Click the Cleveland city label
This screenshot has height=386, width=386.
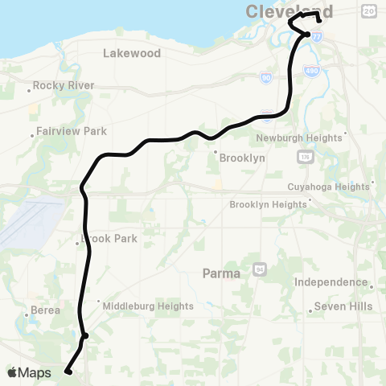[x=281, y=11]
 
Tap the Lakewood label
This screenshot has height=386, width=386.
[x=132, y=53]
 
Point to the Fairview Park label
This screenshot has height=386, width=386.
[x=72, y=131]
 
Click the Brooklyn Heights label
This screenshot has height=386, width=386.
[x=268, y=205]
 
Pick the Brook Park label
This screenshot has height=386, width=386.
[x=109, y=239]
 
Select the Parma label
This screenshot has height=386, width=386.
[x=221, y=273]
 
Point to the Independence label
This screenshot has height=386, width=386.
[x=331, y=282]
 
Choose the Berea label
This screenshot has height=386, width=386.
[x=46, y=310]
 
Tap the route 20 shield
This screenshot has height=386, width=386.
[x=369, y=10]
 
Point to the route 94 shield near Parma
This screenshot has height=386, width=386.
[x=259, y=267]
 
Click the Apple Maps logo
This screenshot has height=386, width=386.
[x=29, y=372]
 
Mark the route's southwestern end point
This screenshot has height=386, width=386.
[x=68, y=371]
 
